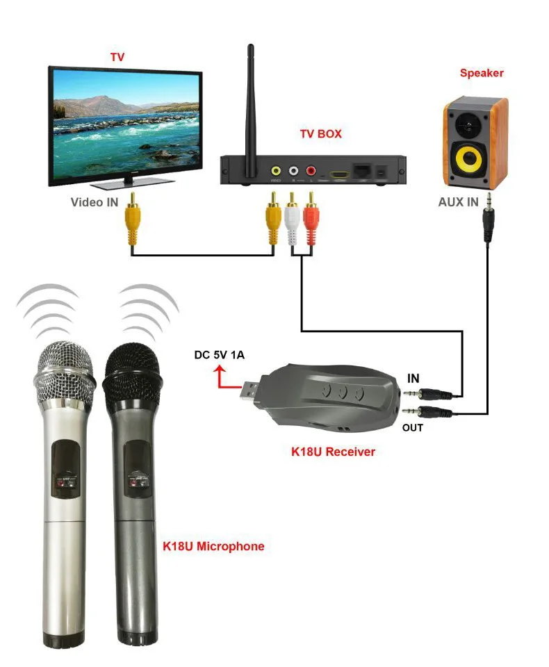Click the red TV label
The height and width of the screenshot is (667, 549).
click(117, 56)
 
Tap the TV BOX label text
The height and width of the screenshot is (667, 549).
click(320, 133)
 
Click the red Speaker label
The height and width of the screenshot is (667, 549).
click(482, 73)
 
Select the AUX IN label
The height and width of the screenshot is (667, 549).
click(459, 203)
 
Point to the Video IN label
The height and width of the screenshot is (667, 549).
click(94, 202)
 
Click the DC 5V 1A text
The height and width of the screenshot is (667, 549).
click(219, 356)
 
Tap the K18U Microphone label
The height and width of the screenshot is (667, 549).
click(213, 546)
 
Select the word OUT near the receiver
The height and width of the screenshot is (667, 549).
click(412, 427)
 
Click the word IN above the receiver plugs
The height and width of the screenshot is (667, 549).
click(413, 378)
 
